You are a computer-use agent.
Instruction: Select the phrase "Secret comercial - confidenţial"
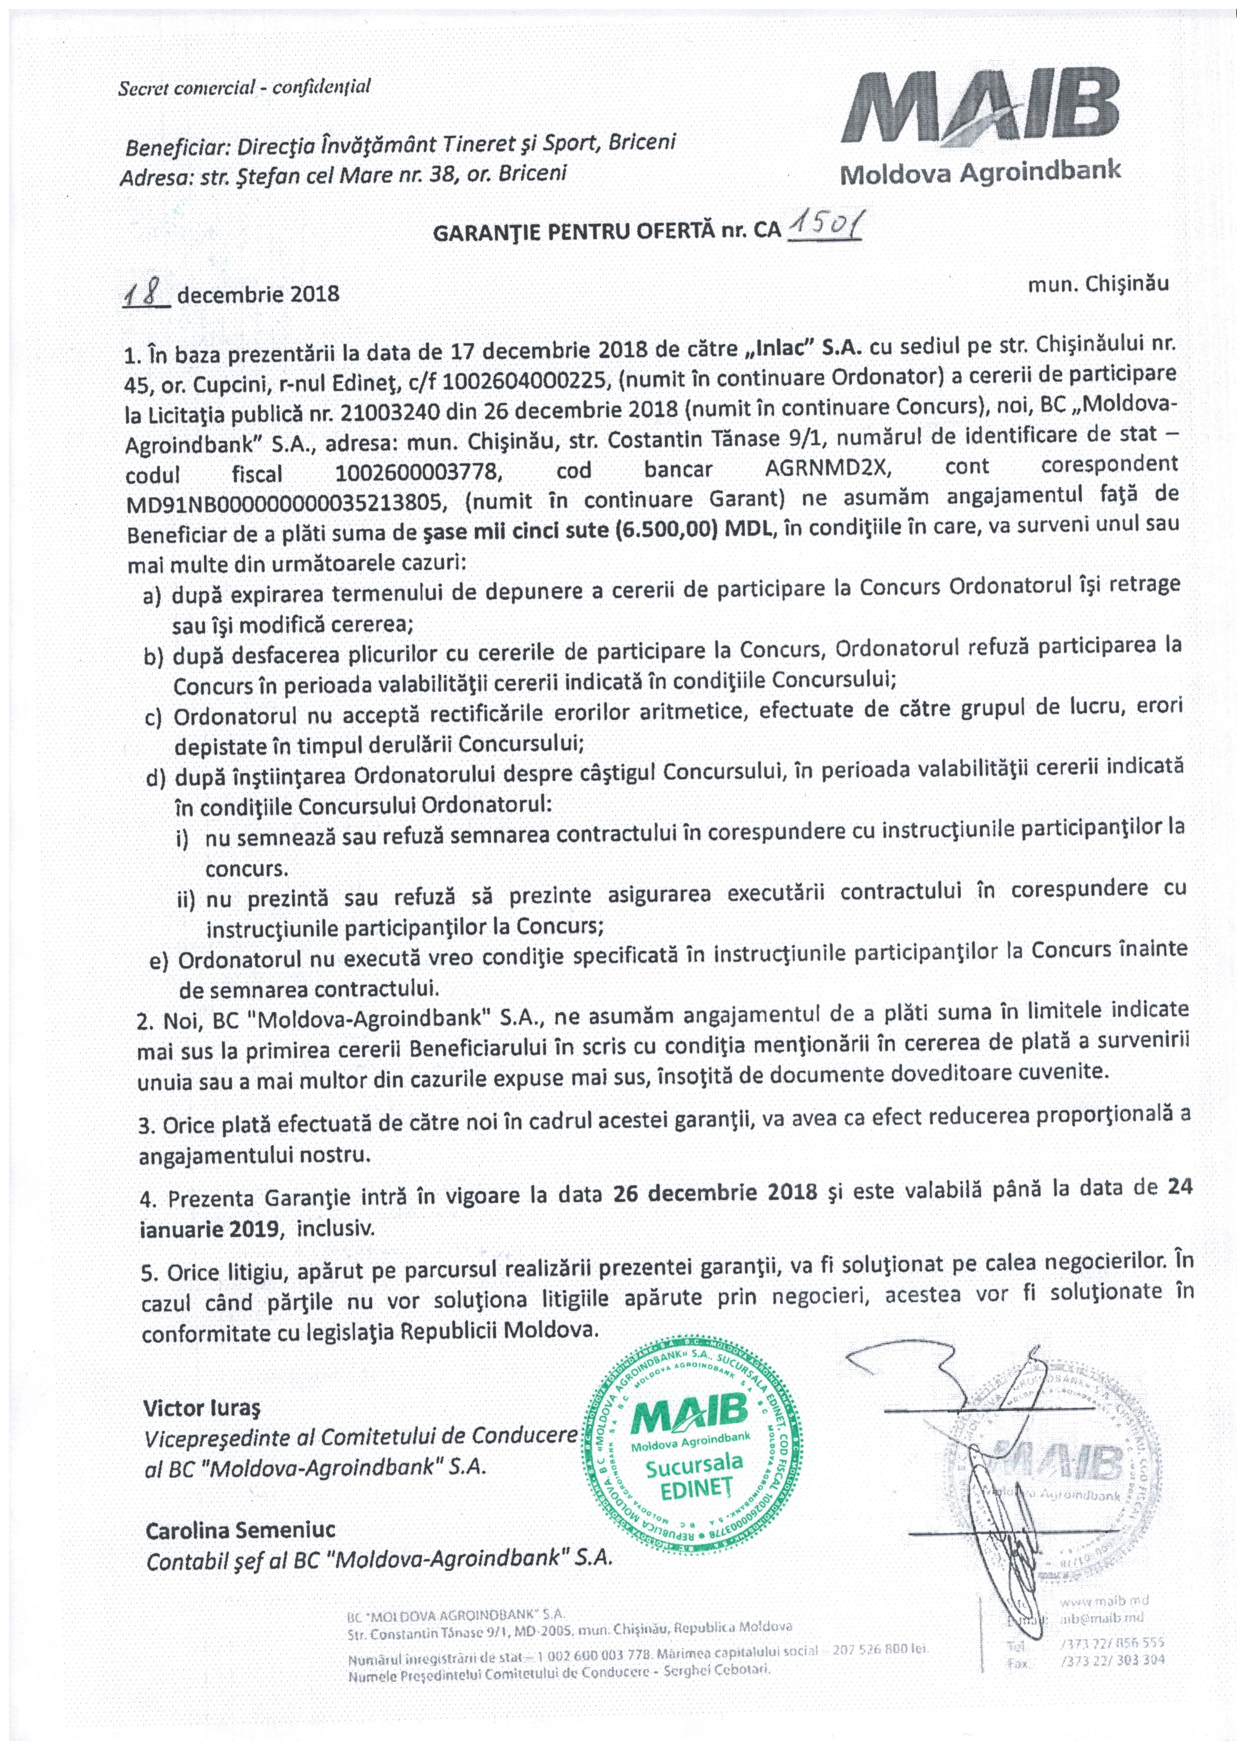click(x=244, y=87)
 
